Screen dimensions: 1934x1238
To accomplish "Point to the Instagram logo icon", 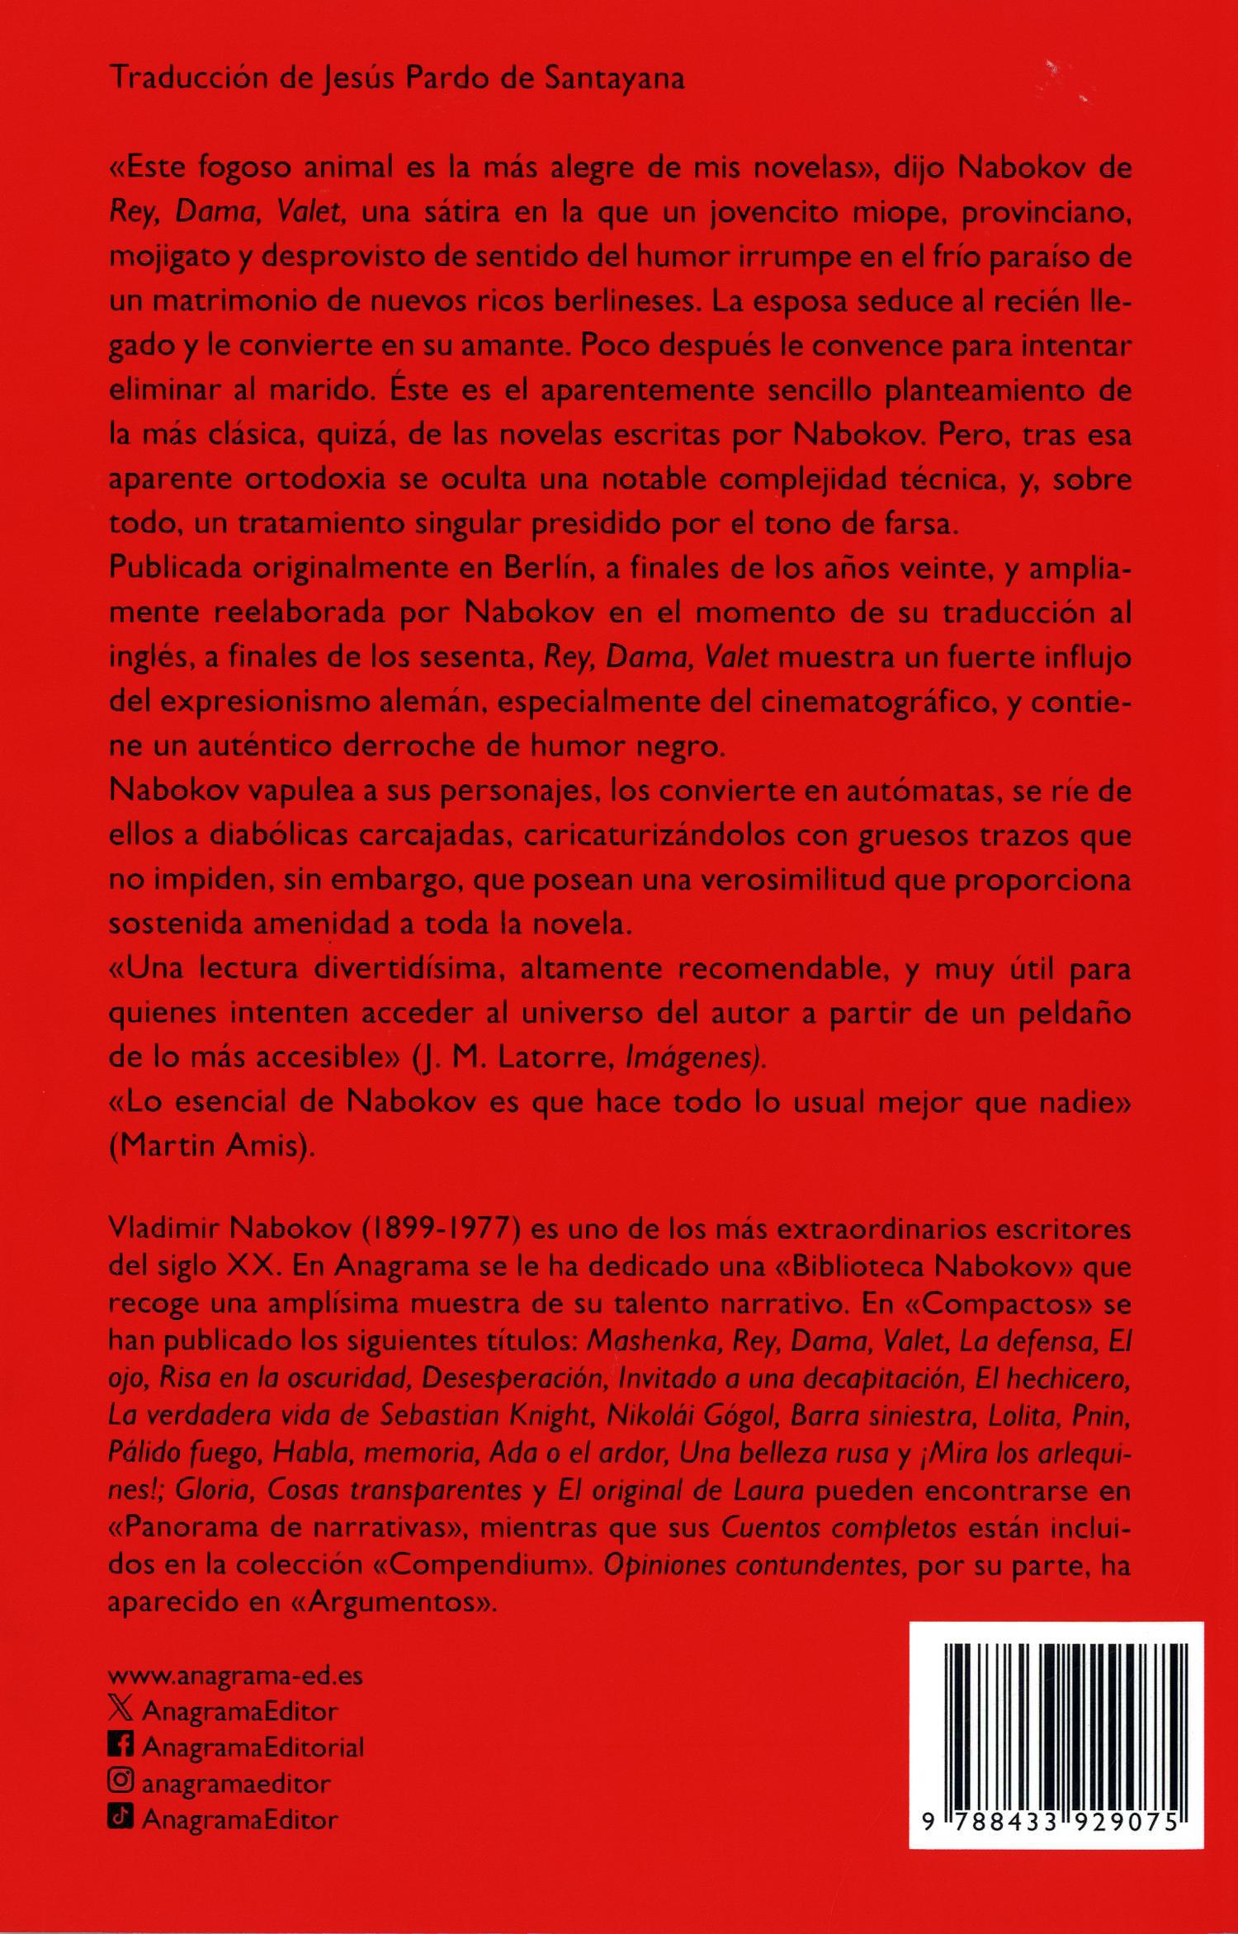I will coord(121,1782).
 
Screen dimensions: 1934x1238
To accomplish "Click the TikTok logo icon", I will coord(121,1818).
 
